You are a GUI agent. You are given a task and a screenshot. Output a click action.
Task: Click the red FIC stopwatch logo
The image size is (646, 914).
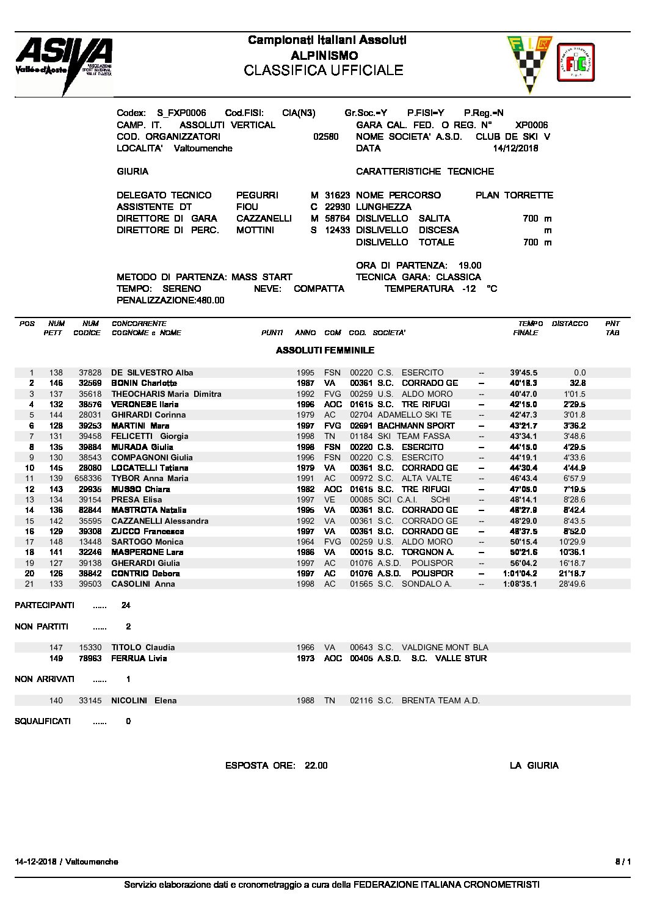coord(576,63)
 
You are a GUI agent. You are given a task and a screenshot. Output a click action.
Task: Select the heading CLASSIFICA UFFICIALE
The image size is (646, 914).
coord(323,70)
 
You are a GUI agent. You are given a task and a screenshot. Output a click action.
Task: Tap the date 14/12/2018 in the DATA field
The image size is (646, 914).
coord(515,148)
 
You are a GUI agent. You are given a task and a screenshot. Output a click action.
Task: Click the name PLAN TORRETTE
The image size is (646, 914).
coord(514,195)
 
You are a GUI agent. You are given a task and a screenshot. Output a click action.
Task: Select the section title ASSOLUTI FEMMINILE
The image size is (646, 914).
coord(325,350)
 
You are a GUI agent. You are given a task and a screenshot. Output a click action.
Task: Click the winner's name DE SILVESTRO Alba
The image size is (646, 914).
coord(152,372)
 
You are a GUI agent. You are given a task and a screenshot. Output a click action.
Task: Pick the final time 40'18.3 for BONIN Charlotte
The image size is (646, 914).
coord(524,383)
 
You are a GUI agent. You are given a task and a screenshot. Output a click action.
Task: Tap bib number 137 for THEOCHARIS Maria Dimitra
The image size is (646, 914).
coord(56,394)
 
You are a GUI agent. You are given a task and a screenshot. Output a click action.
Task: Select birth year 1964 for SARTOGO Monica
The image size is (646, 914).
coord(305,542)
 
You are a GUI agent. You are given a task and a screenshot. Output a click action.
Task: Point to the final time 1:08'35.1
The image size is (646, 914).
coord(520,584)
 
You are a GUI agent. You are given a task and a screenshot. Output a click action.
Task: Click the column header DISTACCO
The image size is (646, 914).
coord(569,324)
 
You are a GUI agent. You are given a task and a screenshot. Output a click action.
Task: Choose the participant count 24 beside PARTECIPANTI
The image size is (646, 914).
coord(126,606)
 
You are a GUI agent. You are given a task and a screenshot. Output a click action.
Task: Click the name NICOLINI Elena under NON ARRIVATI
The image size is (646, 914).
coord(143,700)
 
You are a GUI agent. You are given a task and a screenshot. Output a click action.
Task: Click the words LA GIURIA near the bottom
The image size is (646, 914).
coord(534,766)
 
